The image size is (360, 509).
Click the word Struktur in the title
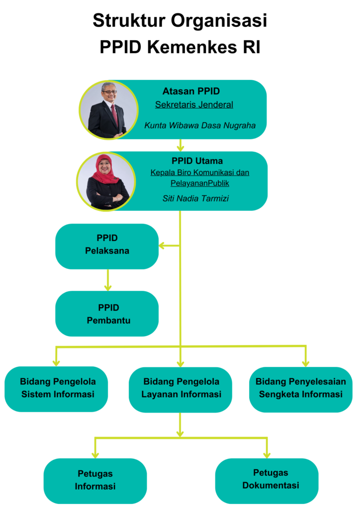(x=129, y=20)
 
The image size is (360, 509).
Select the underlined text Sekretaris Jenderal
(x=194, y=105)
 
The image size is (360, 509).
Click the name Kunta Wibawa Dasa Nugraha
(x=200, y=125)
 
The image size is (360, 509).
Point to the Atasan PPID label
(x=191, y=91)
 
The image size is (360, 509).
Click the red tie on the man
(x=114, y=114)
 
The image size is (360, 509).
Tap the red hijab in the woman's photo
(x=104, y=169)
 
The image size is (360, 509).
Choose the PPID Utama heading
(x=197, y=161)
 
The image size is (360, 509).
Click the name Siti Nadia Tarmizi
(x=196, y=198)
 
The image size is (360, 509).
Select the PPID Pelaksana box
(x=107, y=246)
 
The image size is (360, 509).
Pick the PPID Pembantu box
(x=107, y=314)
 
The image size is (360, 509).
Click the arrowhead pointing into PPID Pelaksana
(x=162, y=246)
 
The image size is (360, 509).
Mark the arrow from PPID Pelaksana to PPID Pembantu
(x=108, y=280)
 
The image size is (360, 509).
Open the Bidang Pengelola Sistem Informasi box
(x=56, y=389)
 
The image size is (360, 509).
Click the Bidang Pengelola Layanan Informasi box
(x=180, y=390)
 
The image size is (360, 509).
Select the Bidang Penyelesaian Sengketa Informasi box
(x=301, y=390)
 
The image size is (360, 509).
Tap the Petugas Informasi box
(x=95, y=481)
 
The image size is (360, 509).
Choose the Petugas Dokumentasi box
(x=267, y=481)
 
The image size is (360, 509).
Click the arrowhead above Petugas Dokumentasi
(x=267, y=455)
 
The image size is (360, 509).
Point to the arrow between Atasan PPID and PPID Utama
(x=180, y=145)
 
